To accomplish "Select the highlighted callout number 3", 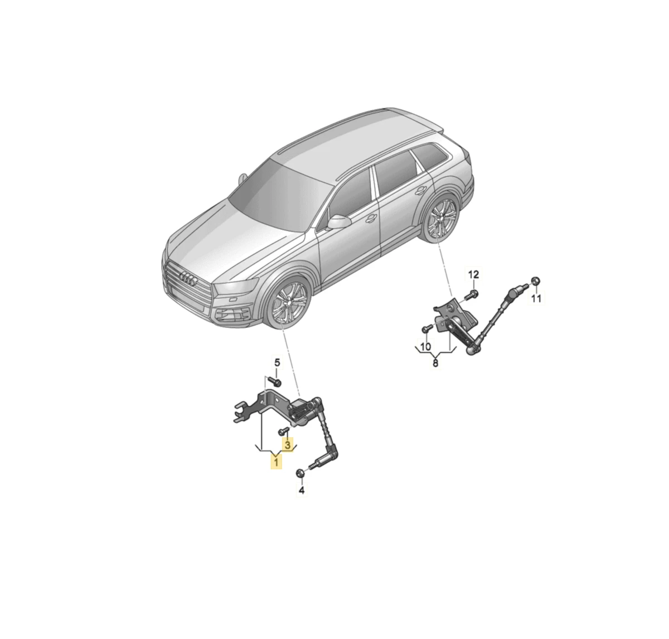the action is pos(287,445).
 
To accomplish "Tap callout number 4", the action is pos(302,491).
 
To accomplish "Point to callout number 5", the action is pos(277,362).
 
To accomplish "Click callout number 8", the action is pos(435,363).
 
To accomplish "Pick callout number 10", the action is pos(425,347).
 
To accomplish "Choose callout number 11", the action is pos(536,298).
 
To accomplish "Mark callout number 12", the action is pos(473,274).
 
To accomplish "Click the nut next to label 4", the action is pos(299,473).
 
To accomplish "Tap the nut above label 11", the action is pos(535,281).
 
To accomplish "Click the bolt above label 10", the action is pos(427,328).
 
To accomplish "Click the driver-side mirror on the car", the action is pos(338,222).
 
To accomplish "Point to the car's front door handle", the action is pos(371,218).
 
